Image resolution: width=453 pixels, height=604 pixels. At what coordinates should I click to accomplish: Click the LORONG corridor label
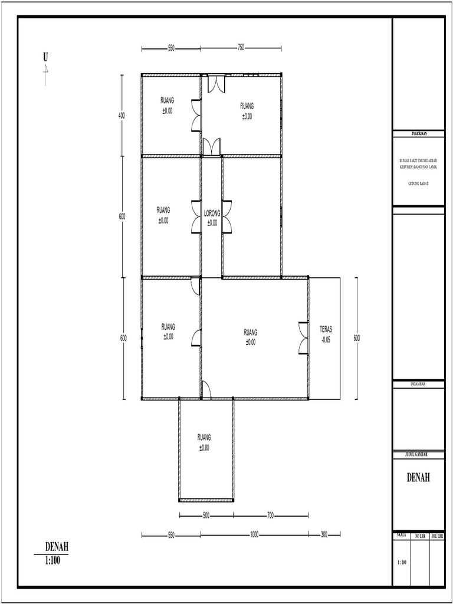(212, 214)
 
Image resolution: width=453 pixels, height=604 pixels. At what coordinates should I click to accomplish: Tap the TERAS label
(326, 330)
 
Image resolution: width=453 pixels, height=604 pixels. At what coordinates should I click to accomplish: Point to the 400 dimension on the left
(122, 116)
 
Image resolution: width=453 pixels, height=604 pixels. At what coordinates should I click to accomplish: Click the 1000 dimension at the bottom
(254, 535)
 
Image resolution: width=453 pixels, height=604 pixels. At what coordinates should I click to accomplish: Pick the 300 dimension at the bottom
(324, 535)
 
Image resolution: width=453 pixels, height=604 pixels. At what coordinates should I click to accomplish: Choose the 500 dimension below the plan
(206, 516)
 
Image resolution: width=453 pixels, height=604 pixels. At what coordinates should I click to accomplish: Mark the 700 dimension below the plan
(270, 516)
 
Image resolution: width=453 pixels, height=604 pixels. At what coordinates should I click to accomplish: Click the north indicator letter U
(45, 57)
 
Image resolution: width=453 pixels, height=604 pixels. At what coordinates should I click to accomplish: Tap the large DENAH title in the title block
(418, 478)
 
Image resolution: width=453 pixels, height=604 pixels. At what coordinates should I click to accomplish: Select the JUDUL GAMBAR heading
(418, 454)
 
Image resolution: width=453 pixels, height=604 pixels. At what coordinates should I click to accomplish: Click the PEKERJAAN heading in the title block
(419, 134)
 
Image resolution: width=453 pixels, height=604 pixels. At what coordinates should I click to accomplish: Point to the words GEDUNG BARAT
(418, 184)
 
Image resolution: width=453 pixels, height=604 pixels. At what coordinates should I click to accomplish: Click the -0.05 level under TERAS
(326, 340)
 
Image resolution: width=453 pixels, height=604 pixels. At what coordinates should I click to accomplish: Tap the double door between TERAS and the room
(304, 337)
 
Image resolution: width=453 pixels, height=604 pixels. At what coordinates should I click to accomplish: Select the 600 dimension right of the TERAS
(357, 338)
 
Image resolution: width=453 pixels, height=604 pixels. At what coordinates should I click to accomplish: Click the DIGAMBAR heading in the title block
(418, 383)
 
